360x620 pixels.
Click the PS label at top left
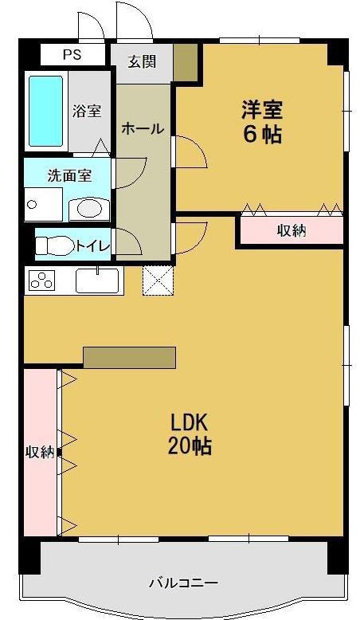72,54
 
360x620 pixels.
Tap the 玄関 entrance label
142,61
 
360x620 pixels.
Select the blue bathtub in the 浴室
46,111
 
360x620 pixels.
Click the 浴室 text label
87,111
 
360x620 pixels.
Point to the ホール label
143,128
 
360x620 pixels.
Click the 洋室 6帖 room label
262,121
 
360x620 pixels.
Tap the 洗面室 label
69,175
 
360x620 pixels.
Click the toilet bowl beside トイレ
55,245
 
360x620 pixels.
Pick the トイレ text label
92,246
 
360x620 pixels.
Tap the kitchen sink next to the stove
97,281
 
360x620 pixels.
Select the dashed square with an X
158,280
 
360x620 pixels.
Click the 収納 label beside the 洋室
292,230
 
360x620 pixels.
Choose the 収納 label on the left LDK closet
40,452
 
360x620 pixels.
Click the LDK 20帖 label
190,434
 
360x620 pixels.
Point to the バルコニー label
183,583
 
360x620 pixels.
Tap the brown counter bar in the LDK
130,358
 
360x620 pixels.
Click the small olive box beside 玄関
186,61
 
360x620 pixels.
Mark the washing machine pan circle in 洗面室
33,205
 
